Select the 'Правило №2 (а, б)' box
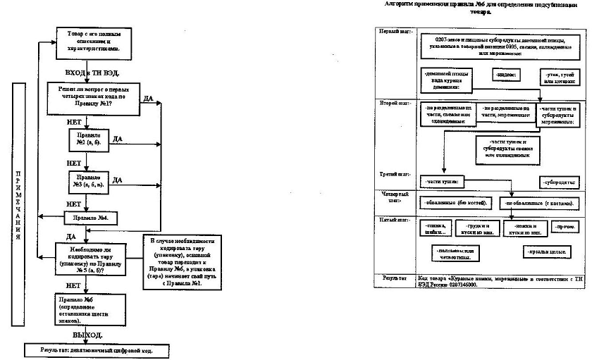click(87, 137)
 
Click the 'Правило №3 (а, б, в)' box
click(87, 181)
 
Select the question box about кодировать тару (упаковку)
click(87, 259)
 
